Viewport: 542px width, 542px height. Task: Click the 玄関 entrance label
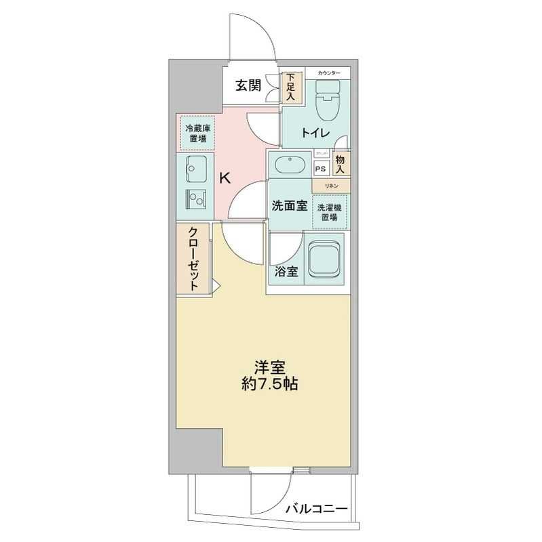coord(248,85)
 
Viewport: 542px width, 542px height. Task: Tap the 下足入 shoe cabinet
coord(290,87)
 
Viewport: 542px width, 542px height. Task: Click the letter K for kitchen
coord(225,179)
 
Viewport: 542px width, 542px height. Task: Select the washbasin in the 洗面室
coord(290,165)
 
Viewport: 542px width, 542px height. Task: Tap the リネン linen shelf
coord(330,184)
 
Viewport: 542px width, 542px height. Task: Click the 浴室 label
coord(286,272)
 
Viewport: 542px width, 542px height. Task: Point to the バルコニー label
coord(316,508)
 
